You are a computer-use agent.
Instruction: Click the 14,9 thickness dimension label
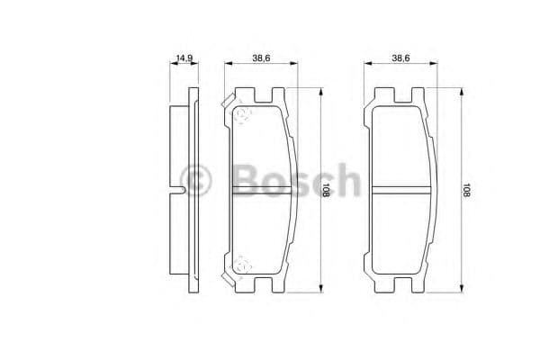point(184,58)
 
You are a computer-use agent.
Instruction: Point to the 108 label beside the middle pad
point(326,191)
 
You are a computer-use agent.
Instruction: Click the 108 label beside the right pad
point(466,191)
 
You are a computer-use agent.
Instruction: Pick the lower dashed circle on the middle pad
point(241,265)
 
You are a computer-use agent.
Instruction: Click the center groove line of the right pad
point(400,190)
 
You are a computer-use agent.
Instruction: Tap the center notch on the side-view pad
point(181,190)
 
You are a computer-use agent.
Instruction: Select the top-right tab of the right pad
point(418,94)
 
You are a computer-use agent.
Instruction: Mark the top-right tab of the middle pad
point(279,94)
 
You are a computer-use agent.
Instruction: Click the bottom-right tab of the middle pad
point(279,286)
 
